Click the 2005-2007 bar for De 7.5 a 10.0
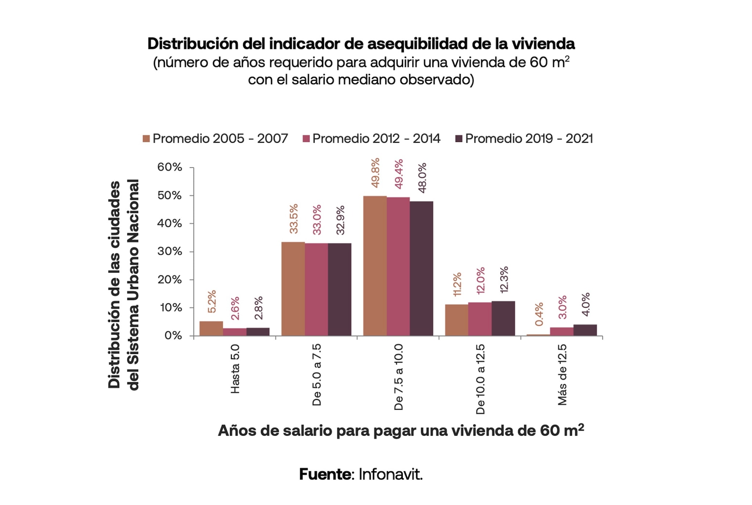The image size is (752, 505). (375, 266)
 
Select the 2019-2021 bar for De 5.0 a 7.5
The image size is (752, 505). (340, 289)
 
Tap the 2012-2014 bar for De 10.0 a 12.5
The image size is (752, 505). (480, 319)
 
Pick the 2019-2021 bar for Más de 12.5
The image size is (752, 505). (585, 330)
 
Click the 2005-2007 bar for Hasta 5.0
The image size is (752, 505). (211, 329)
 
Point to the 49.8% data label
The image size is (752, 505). (375, 173)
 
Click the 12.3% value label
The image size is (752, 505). (504, 279)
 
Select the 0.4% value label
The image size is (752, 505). (539, 314)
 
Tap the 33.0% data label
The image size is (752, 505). (317, 220)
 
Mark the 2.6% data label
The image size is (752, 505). (235, 308)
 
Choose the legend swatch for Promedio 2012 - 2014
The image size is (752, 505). (306, 139)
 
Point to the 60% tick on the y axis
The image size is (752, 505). (170, 167)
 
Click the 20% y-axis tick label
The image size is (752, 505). (170, 280)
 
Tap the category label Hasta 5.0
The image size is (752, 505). (235, 369)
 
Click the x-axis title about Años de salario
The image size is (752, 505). (401, 431)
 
